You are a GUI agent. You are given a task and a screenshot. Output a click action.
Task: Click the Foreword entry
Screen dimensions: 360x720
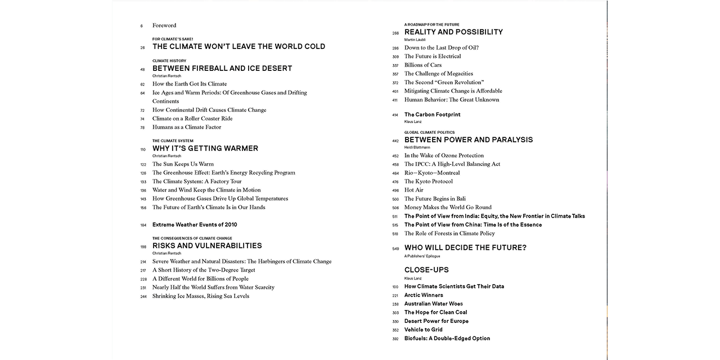click(164, 25)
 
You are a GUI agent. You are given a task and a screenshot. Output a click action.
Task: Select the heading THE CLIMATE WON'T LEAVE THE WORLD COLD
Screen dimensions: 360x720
click(238, 47)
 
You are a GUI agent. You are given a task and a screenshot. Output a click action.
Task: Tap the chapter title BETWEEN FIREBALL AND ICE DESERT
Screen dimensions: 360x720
click(222, 68)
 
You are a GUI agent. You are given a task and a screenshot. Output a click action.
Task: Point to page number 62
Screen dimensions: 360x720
click(142, 84)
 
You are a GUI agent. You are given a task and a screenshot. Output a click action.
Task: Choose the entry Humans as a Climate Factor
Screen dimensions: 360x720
click(187, 127)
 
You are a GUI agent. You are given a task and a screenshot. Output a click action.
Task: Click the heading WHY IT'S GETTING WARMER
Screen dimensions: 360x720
click(205, 148)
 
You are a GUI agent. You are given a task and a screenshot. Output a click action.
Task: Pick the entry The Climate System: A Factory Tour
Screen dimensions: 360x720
click(197, 182)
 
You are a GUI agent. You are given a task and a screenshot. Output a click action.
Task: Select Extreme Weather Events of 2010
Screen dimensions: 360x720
click(195, 224)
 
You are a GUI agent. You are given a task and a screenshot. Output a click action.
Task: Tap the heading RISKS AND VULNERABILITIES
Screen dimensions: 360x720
click(207, 246)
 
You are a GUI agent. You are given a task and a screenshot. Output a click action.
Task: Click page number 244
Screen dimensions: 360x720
click(143, 296)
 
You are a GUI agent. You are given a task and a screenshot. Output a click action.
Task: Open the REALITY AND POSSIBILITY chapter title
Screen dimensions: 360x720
click(453, 32)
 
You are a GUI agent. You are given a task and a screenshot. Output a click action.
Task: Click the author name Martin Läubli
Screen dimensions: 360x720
click(415, 40)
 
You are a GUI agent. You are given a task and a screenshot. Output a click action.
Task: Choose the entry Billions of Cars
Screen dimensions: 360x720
click(423, 65)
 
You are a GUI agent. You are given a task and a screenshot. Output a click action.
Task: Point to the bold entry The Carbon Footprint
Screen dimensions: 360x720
click(432, 115)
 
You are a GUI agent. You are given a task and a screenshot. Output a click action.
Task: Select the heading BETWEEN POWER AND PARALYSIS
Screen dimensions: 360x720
click(469, 140)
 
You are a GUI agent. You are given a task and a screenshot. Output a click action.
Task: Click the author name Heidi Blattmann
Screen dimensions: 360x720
click(417, 147)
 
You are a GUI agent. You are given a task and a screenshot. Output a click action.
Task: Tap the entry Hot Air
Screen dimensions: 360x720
click(414, 190)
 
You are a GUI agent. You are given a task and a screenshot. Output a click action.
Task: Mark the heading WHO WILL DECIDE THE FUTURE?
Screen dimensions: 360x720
click(465, 248)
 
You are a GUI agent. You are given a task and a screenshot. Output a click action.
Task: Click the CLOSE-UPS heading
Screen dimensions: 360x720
click(426, 270)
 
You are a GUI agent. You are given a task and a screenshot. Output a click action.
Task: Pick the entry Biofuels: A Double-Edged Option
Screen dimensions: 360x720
click(447, 339)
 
